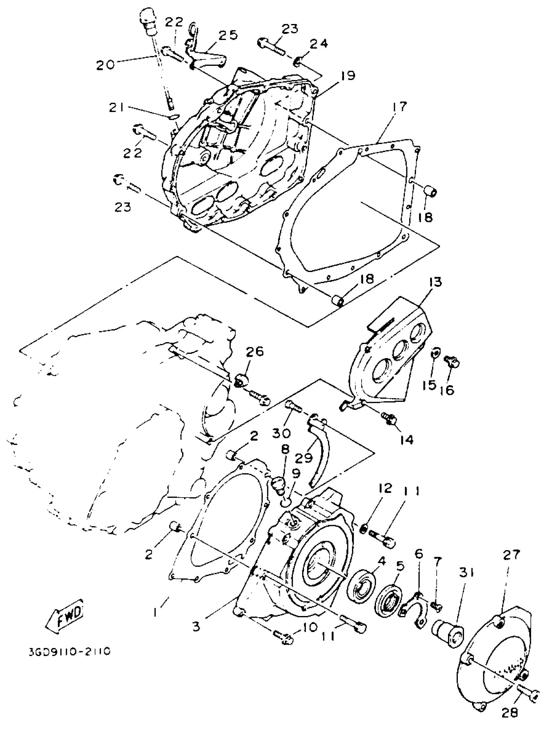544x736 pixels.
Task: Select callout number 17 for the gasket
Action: pyautogui.click(x=399, y=107)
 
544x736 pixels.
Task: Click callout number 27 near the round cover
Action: pyautogui.click(x=511, y=555)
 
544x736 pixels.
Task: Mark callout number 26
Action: pyautogui.click(x=255, y=352)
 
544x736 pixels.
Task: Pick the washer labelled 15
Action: pyautogui.click(x=435, y=354)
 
